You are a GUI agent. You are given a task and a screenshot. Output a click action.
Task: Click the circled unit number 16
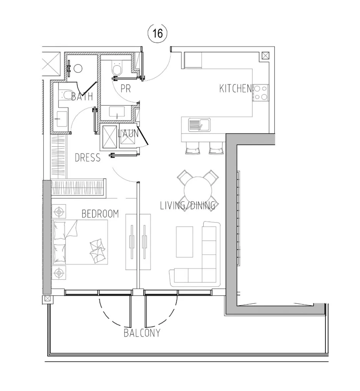pos(158,33)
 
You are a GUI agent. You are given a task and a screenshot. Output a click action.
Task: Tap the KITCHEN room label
pos(236,88)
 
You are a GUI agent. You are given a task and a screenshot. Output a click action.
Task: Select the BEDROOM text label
pos(100,214)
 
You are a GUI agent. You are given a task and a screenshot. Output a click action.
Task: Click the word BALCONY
pos(142,333)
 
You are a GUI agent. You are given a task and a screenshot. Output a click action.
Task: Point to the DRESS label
pos(88,157)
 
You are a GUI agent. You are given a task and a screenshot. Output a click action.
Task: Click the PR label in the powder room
pos(126,88)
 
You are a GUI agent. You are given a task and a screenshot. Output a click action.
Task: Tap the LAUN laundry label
pos(128,133)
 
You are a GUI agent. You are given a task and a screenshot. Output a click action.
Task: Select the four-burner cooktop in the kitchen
pos(260,93)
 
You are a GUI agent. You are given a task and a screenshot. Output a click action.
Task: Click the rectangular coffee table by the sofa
pos(184,242)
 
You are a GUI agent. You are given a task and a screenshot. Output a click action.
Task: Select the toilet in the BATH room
pos(66,95)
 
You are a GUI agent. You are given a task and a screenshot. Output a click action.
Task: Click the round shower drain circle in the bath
pos(78,68)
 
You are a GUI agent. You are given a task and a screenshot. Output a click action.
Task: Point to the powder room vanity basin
pos(117,112)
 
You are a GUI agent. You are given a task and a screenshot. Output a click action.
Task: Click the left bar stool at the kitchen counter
pos(192,148)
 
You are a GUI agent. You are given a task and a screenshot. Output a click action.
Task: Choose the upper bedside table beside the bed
pos(59,212)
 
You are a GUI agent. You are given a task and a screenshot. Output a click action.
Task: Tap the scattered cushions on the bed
pos(98,250)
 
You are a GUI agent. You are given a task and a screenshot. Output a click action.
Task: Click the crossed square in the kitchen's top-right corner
pos(265,56)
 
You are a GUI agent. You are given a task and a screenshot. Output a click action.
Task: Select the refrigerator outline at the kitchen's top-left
pos(193,60)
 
